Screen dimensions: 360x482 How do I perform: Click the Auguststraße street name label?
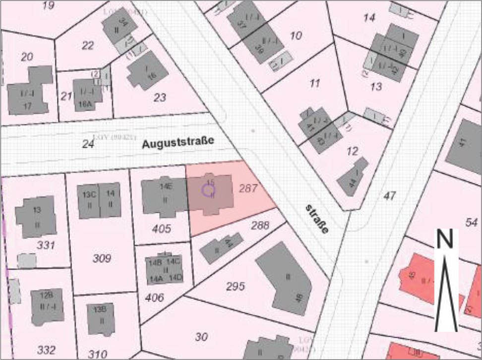178,143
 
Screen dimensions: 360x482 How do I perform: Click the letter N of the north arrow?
445,240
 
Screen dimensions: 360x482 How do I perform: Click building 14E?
164,195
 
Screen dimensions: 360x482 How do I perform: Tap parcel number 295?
235,286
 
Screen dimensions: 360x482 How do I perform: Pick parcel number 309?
102,258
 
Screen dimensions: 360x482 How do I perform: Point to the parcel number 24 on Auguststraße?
88,144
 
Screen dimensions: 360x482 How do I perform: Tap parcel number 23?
160,98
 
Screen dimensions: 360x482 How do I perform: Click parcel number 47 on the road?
389,196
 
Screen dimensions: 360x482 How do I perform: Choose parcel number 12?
353,151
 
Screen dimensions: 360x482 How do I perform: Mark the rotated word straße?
317,219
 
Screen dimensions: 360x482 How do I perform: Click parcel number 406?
155,298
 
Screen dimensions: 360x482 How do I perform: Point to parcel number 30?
201,337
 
